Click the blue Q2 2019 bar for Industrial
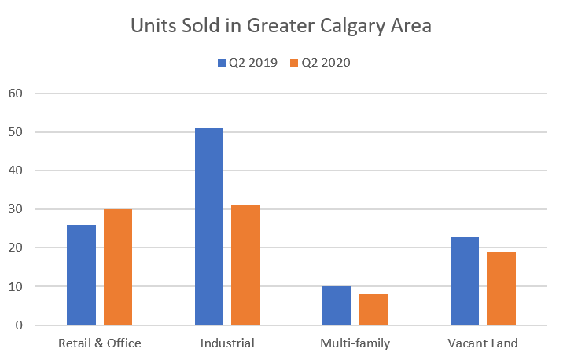[x=209, y=226]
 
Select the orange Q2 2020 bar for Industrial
[x=245, y=265]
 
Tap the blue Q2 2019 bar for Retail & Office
[x=81, y=275]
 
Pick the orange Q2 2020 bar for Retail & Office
[x=118, y=267]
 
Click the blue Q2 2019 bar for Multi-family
[x=337, y=306]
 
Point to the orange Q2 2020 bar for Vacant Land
[x=501, y=288]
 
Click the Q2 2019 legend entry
[x=247, y=64]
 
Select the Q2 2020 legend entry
[x=320, y=64]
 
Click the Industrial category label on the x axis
[x=227, y=343]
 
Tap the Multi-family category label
[x=355, y=343]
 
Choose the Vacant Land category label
[x=483, y=343]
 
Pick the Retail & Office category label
[x=100, y=343]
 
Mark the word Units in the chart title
[x=153, y=26]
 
